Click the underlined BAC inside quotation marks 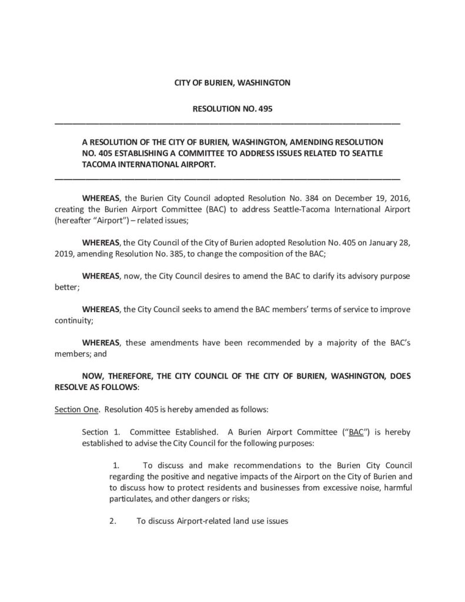[x=356, y=432]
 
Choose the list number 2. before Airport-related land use [x=113, y=521]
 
